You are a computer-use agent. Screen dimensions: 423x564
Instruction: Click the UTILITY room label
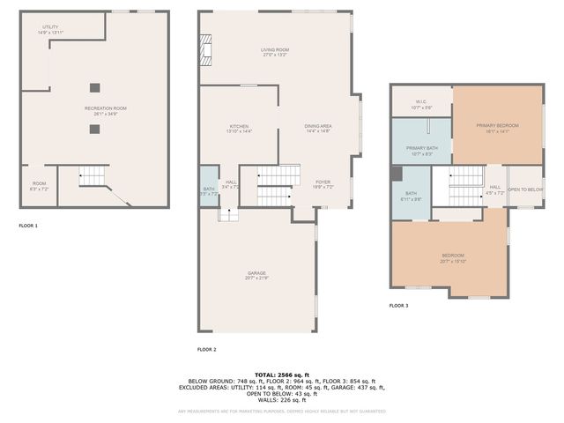coord(50,27)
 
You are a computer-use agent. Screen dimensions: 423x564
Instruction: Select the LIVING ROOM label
coord(275,50)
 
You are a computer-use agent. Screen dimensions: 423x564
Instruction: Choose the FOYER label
coord(323,182)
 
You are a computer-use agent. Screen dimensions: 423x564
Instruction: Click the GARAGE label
coord(256,273)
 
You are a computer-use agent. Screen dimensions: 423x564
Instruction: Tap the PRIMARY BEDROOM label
coord(497,126)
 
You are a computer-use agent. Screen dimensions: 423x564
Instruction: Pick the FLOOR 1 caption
coord(28,226)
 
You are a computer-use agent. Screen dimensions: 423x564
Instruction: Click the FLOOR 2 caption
coord(206,350)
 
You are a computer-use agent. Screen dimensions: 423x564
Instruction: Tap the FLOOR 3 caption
coord(398,306)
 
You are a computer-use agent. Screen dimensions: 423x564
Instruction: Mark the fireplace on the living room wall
coord(206,51)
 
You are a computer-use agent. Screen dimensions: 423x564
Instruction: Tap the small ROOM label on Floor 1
coord(39,184)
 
